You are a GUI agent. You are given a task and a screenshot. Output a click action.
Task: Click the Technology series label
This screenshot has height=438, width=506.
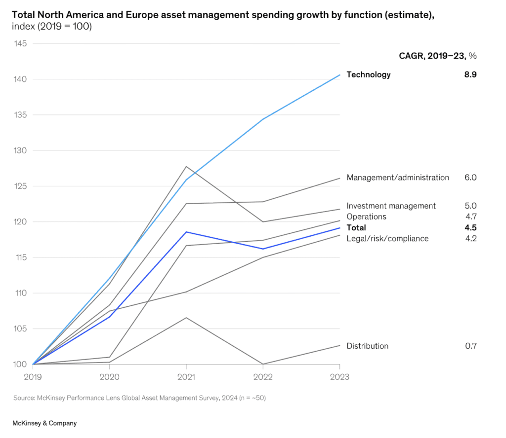pyautogui.click(x=369, y=75)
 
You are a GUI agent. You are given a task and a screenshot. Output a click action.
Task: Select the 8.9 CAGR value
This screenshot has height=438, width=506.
pyautogui.click(x=470, y=75)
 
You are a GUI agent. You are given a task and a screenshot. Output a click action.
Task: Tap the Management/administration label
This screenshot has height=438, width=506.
pyautogui.click(x=398, y=178)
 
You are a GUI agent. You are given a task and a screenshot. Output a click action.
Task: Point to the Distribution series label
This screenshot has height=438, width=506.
pyautogui.click(x=367, y=346)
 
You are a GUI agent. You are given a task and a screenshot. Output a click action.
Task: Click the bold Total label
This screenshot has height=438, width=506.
pyautogui.click(x=356, y=228)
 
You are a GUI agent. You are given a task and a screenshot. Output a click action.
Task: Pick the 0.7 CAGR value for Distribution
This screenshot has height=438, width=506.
pyautogui.click(x=470, y=346)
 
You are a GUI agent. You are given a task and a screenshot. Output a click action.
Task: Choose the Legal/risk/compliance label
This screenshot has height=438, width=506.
pyautogui.click(x=387, y=239)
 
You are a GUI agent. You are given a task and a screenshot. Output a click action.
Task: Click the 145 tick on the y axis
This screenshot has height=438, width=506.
pyautogui.click(x=20, y=44)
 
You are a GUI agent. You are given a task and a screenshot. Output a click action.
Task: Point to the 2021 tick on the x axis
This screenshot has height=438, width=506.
pyautogui.click(x=186, y=377)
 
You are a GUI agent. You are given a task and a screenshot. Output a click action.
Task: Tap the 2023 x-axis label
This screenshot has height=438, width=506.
pyautogui.click(x=339, y=377)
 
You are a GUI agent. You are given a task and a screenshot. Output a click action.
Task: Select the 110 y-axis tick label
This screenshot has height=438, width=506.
pyautogui.click(x=20, y=293)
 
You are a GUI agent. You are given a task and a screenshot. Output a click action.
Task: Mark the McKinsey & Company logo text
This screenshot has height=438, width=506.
pyautogui.click(x=44, y=423)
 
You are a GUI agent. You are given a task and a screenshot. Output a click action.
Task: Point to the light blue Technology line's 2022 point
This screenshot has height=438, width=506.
pyautogui.click(x=263, y=119)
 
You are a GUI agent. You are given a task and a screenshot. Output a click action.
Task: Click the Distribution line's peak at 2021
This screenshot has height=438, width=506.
pyautogui.click(x=186, y=318)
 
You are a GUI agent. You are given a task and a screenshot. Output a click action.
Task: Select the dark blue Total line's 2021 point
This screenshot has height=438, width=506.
pyautogui.click(x=186, y=232)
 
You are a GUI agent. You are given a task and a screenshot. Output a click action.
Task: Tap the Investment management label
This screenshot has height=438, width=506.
pyautogui.click(x=391, y=206)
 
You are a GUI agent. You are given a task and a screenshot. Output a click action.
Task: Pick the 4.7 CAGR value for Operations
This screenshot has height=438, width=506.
pyautogui.click(x=470, y=217)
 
